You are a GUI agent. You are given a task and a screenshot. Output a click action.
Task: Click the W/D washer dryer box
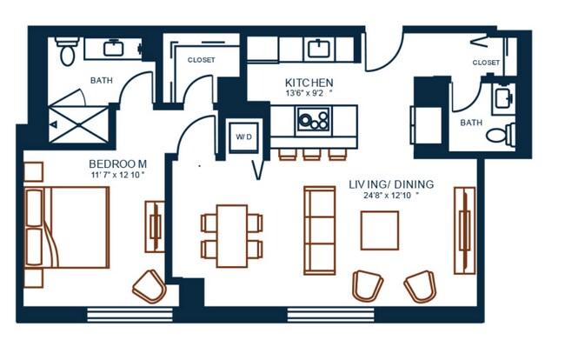tap(244, 137)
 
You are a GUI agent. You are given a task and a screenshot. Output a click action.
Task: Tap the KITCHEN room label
tap(309, 83)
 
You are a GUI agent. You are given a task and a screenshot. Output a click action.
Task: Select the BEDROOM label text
tap(117, 164)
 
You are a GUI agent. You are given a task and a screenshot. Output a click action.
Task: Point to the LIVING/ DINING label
tap(391, 184)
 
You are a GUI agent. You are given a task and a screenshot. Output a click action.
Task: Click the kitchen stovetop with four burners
tap(314, 120)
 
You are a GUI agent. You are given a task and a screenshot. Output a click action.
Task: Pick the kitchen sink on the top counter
tap(319, 50)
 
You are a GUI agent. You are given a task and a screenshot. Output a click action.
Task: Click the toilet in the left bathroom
tap(67, 51)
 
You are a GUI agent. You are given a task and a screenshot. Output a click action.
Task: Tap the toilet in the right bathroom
tap(501, 134)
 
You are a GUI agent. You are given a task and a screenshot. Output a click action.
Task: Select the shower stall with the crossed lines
tap(78, 124)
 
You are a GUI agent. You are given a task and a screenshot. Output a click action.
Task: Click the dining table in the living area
tap(232, 236)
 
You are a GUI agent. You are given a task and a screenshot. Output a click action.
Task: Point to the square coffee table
tap(380, 230)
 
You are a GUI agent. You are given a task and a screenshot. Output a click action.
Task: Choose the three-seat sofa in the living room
tap(320, 230)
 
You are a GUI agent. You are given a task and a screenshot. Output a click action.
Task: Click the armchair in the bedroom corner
tap(150, 286)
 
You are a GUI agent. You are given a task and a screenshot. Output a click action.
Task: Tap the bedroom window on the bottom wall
tap(130, 315)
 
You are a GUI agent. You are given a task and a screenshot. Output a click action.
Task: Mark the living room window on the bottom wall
tap(331, 315)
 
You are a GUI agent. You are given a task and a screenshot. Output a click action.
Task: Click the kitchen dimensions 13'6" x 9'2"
tap(309, 93)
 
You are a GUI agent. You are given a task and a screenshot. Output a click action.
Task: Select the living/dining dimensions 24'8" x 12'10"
tap(391, 196)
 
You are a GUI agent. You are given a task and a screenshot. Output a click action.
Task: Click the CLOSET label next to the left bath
tap(201, 60)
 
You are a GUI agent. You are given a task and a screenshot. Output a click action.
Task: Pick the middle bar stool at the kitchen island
tap(312, 154)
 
